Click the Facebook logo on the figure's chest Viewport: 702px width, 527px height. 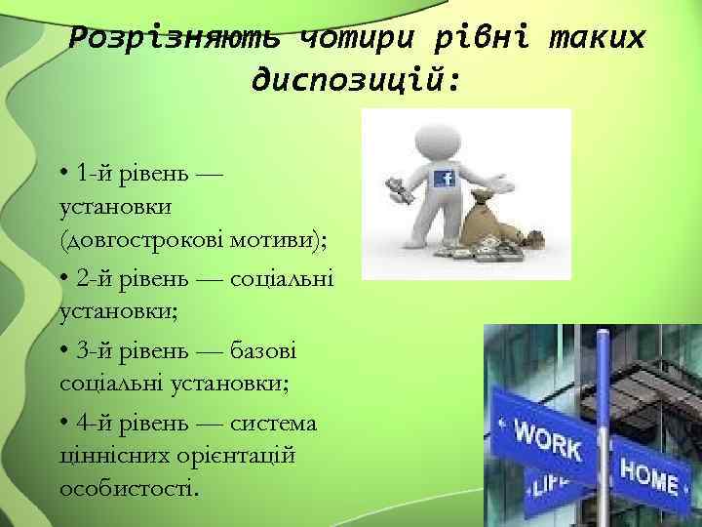pos(447,178)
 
